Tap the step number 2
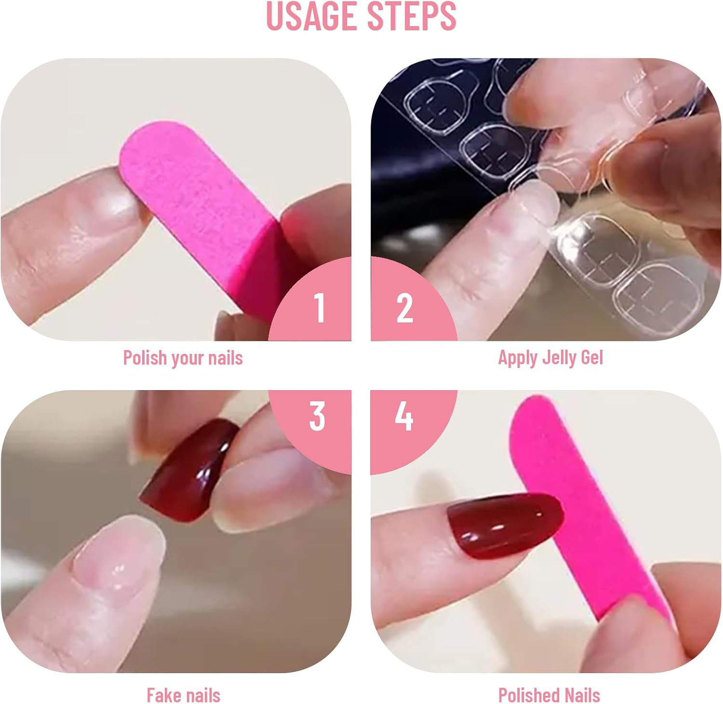pos(404,308)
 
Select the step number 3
pos(317,416)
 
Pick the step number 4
pos(404,416)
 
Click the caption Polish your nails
pos(183,358)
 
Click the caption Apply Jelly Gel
pos(550,358)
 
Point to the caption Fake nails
pos(183,695)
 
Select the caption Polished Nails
pos(549,695)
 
